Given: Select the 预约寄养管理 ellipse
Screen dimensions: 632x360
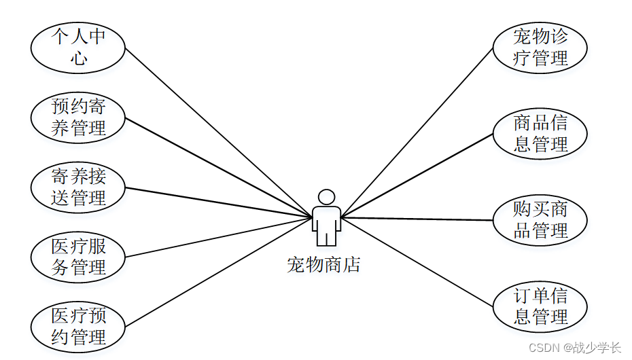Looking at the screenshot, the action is (78, 117).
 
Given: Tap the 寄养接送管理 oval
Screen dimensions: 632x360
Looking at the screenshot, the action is (78, 187).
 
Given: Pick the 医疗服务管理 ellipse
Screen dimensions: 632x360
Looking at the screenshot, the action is (78, 257).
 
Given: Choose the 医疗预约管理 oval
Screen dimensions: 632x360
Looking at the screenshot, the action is (78, 327).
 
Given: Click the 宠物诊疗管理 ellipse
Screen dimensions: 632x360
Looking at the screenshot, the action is (540, 47).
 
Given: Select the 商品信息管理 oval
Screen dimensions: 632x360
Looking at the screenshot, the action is (540, 133).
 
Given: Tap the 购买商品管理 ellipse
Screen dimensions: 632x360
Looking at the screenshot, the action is (540, 219).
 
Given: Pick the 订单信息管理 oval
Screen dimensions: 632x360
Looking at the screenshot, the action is (540, 306).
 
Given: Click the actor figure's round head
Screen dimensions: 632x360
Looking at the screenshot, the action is (327, 197).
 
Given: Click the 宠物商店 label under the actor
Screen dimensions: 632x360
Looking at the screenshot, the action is (323, 264).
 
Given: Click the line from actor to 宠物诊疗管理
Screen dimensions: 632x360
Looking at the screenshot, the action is (416, 133).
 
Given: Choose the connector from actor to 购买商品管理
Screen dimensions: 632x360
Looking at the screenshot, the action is (416, 219).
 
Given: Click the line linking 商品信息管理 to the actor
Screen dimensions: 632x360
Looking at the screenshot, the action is (416, 175).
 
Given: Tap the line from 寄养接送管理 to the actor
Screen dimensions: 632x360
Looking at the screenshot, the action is (217, 202).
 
